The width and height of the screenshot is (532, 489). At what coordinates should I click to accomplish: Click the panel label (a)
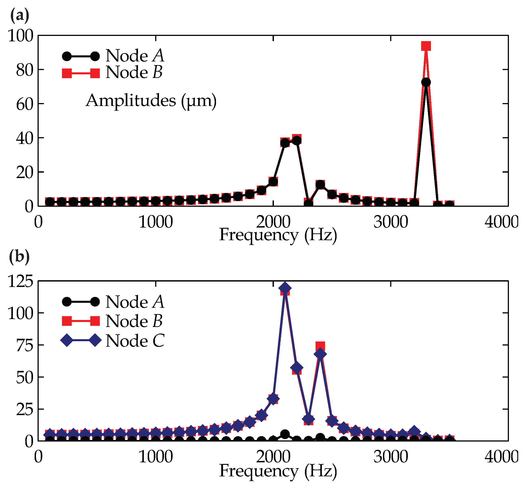(19, 15)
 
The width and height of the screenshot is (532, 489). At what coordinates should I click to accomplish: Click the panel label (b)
(19, 256)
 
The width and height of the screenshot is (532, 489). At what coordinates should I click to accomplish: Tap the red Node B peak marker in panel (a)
(426, 46)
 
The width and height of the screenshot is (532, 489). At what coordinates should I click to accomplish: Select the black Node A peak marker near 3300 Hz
(426, 82)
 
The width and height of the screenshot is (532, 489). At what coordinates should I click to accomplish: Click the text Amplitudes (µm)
(151, 101)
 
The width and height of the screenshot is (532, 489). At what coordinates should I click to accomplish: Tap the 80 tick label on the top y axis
(25, 70)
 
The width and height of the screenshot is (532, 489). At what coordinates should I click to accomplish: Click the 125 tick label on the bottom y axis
(21, 281)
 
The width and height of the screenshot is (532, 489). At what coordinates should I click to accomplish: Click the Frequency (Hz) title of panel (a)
(278, 235)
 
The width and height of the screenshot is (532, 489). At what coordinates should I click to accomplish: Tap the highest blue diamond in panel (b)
(285, 288)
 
